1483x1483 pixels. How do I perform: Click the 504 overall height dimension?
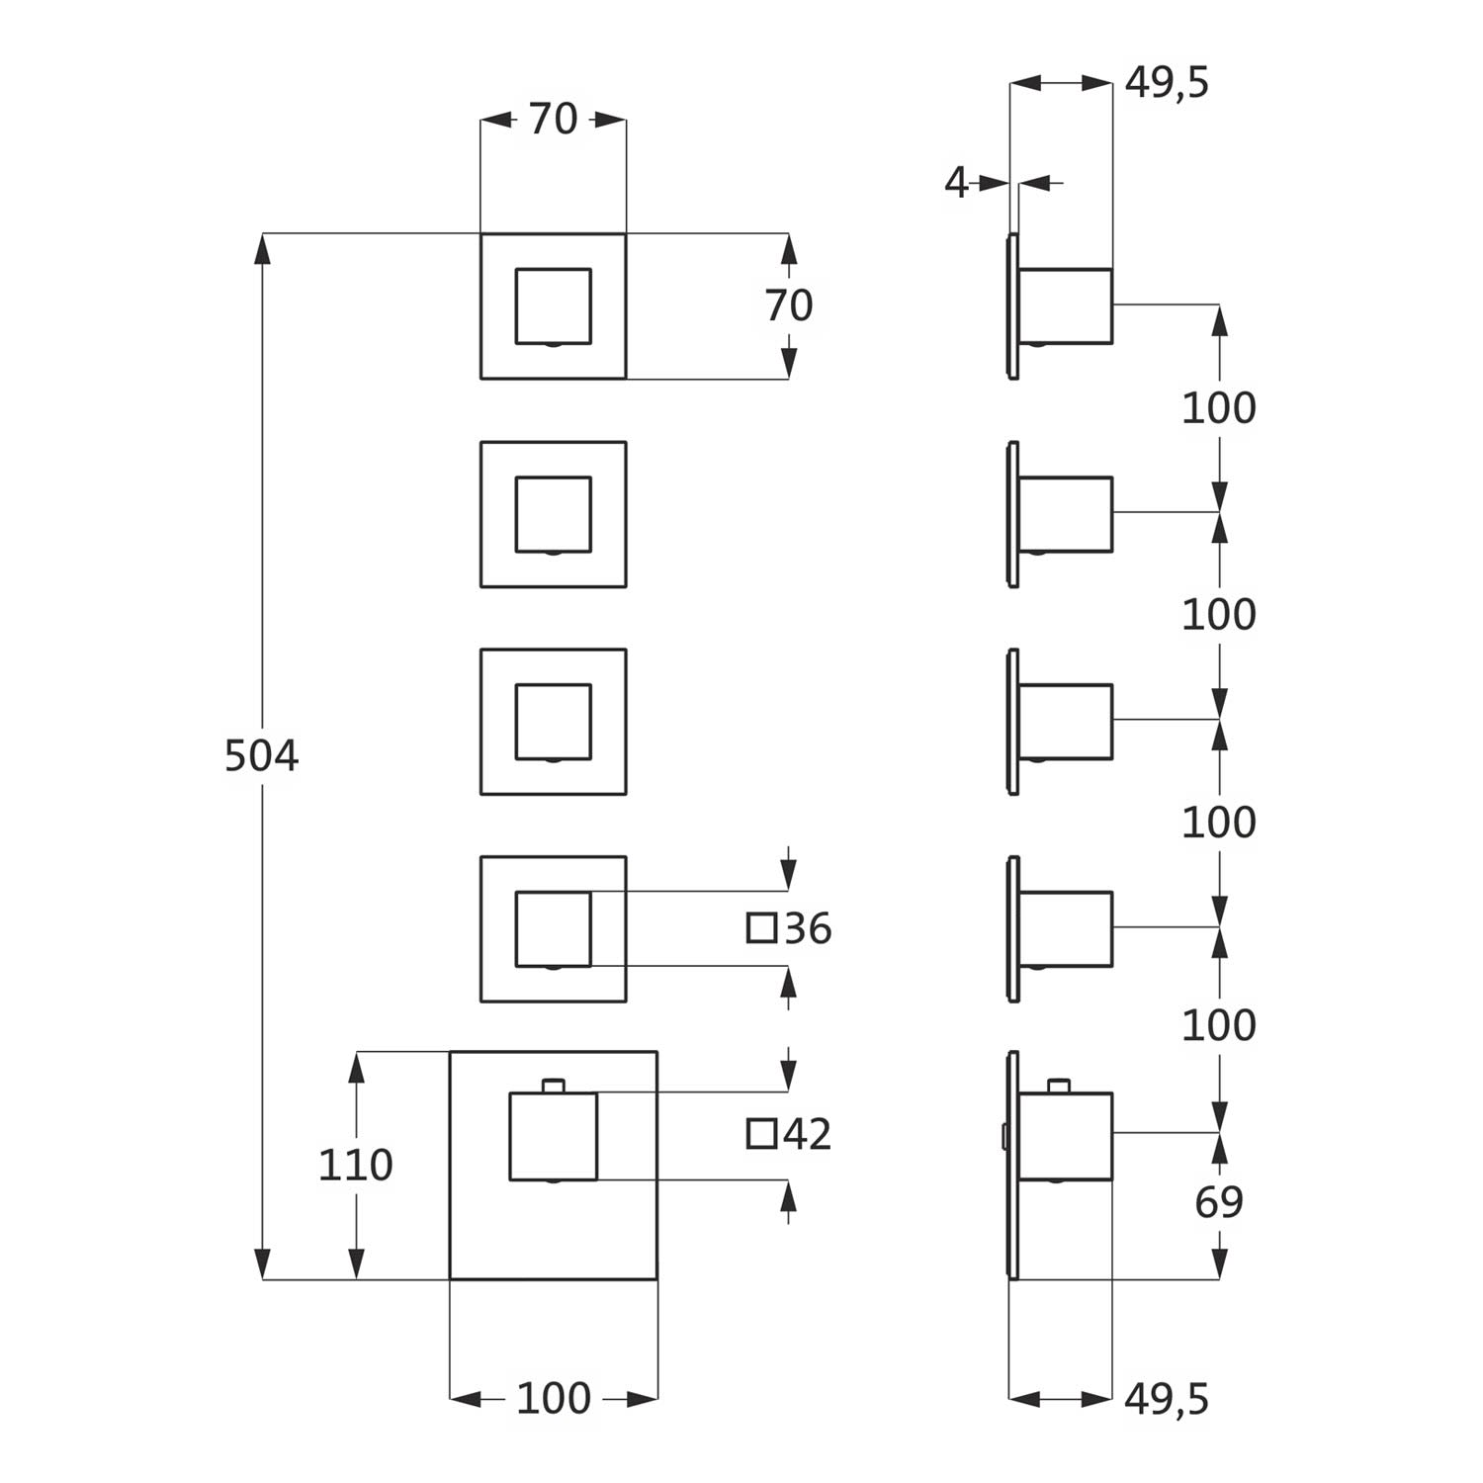[x=261, y=756]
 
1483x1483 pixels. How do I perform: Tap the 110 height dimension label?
[x=355, y=1166]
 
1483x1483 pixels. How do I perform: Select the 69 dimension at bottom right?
[x=1218, y=1202]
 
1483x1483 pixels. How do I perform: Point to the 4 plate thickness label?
[x=956, y=183]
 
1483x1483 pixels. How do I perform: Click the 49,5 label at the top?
[x=1167, y=83]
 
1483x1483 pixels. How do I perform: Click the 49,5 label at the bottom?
[x=1167, y=1399]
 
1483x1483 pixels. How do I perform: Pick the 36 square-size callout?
[x=807, y=929]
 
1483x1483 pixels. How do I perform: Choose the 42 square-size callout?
[x=807, y=1134]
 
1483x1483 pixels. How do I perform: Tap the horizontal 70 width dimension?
[x=553, y=120]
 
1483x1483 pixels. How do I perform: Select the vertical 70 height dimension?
[x=788, y=306]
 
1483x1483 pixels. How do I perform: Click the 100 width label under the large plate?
[x=553, y=1398]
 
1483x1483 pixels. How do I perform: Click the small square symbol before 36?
[x=761, y=928]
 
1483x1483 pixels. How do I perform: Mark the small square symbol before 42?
[x=761, y=1134]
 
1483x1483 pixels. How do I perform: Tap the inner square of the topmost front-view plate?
[x=553, y=306]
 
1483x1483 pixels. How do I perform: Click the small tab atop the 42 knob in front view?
[x=554, y=1086]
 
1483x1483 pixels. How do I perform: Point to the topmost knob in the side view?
[x=1066, y=306]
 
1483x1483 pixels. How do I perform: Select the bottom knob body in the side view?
[x=1066, y=1136]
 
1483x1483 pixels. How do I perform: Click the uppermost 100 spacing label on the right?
[x=1218, y=408]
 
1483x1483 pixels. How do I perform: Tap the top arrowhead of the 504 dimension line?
[x=262, y=248]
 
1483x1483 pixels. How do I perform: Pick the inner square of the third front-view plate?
[x=553, y=722]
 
